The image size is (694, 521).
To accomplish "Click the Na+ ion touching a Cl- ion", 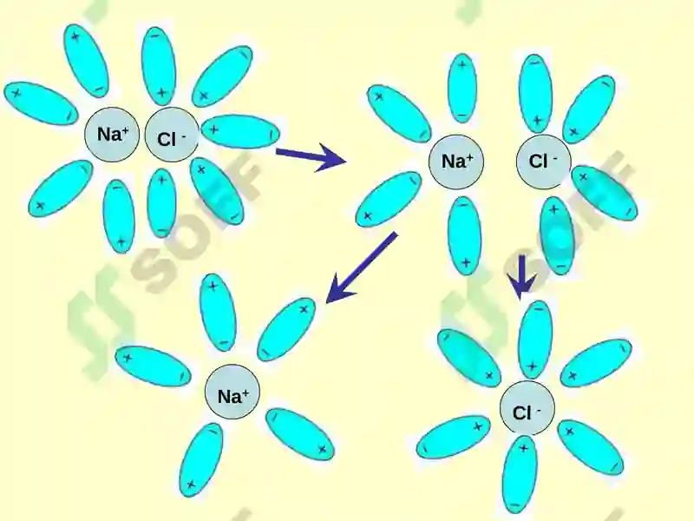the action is coord(112,135).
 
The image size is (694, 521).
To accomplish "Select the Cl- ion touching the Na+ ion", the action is coord(172,135).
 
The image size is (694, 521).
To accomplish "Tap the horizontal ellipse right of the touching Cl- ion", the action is coord(240,132).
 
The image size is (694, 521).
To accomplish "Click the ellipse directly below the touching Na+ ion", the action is coord(119,216).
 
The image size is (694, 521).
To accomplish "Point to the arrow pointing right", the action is coord(311,157).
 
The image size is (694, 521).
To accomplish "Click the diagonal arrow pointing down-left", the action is coord(361,267).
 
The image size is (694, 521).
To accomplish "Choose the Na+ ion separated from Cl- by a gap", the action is coord(456,162).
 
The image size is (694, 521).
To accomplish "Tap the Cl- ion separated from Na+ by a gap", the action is coord(544,162).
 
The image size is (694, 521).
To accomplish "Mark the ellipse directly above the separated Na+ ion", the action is coord(462,89).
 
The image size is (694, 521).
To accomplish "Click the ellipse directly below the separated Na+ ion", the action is coord(464,236).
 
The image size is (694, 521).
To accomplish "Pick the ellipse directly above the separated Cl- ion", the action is coord(535,93).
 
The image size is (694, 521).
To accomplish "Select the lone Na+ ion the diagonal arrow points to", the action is coord(232,392).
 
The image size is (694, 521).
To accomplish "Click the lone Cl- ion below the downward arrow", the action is coord(527,407).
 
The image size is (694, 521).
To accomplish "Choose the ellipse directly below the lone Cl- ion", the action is coord(520,474).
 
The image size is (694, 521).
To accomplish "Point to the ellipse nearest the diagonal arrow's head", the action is coord(286,329).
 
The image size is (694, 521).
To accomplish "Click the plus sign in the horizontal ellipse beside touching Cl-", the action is coord(214,129).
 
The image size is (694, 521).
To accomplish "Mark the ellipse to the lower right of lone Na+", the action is coord(300,433).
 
